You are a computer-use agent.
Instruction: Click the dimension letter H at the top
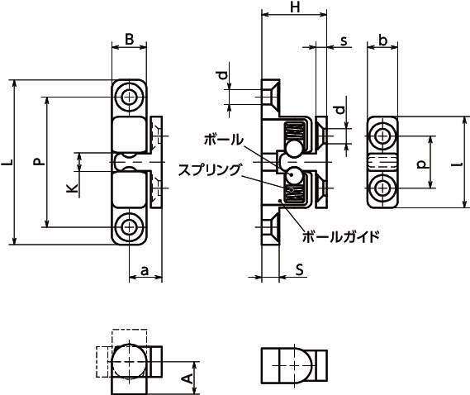pyautogui.click(x=295, y=7)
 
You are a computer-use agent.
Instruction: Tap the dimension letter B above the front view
pyautogui.click(x=129, y=40)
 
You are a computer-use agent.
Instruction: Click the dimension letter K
pyautogui.click(x=72, y=188)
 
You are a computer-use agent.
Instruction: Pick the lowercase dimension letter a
pyautogui.click(x=145, y=270)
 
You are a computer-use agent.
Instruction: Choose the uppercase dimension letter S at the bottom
pyautogui.click(x=299, y=269)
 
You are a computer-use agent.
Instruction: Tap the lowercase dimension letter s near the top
pyautogui.click(x=344, y=40)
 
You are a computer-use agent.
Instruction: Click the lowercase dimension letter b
pyautogui.click(x=382, y=40)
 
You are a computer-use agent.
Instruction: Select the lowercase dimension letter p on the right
pyautogui.click(x=422, y=164)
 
